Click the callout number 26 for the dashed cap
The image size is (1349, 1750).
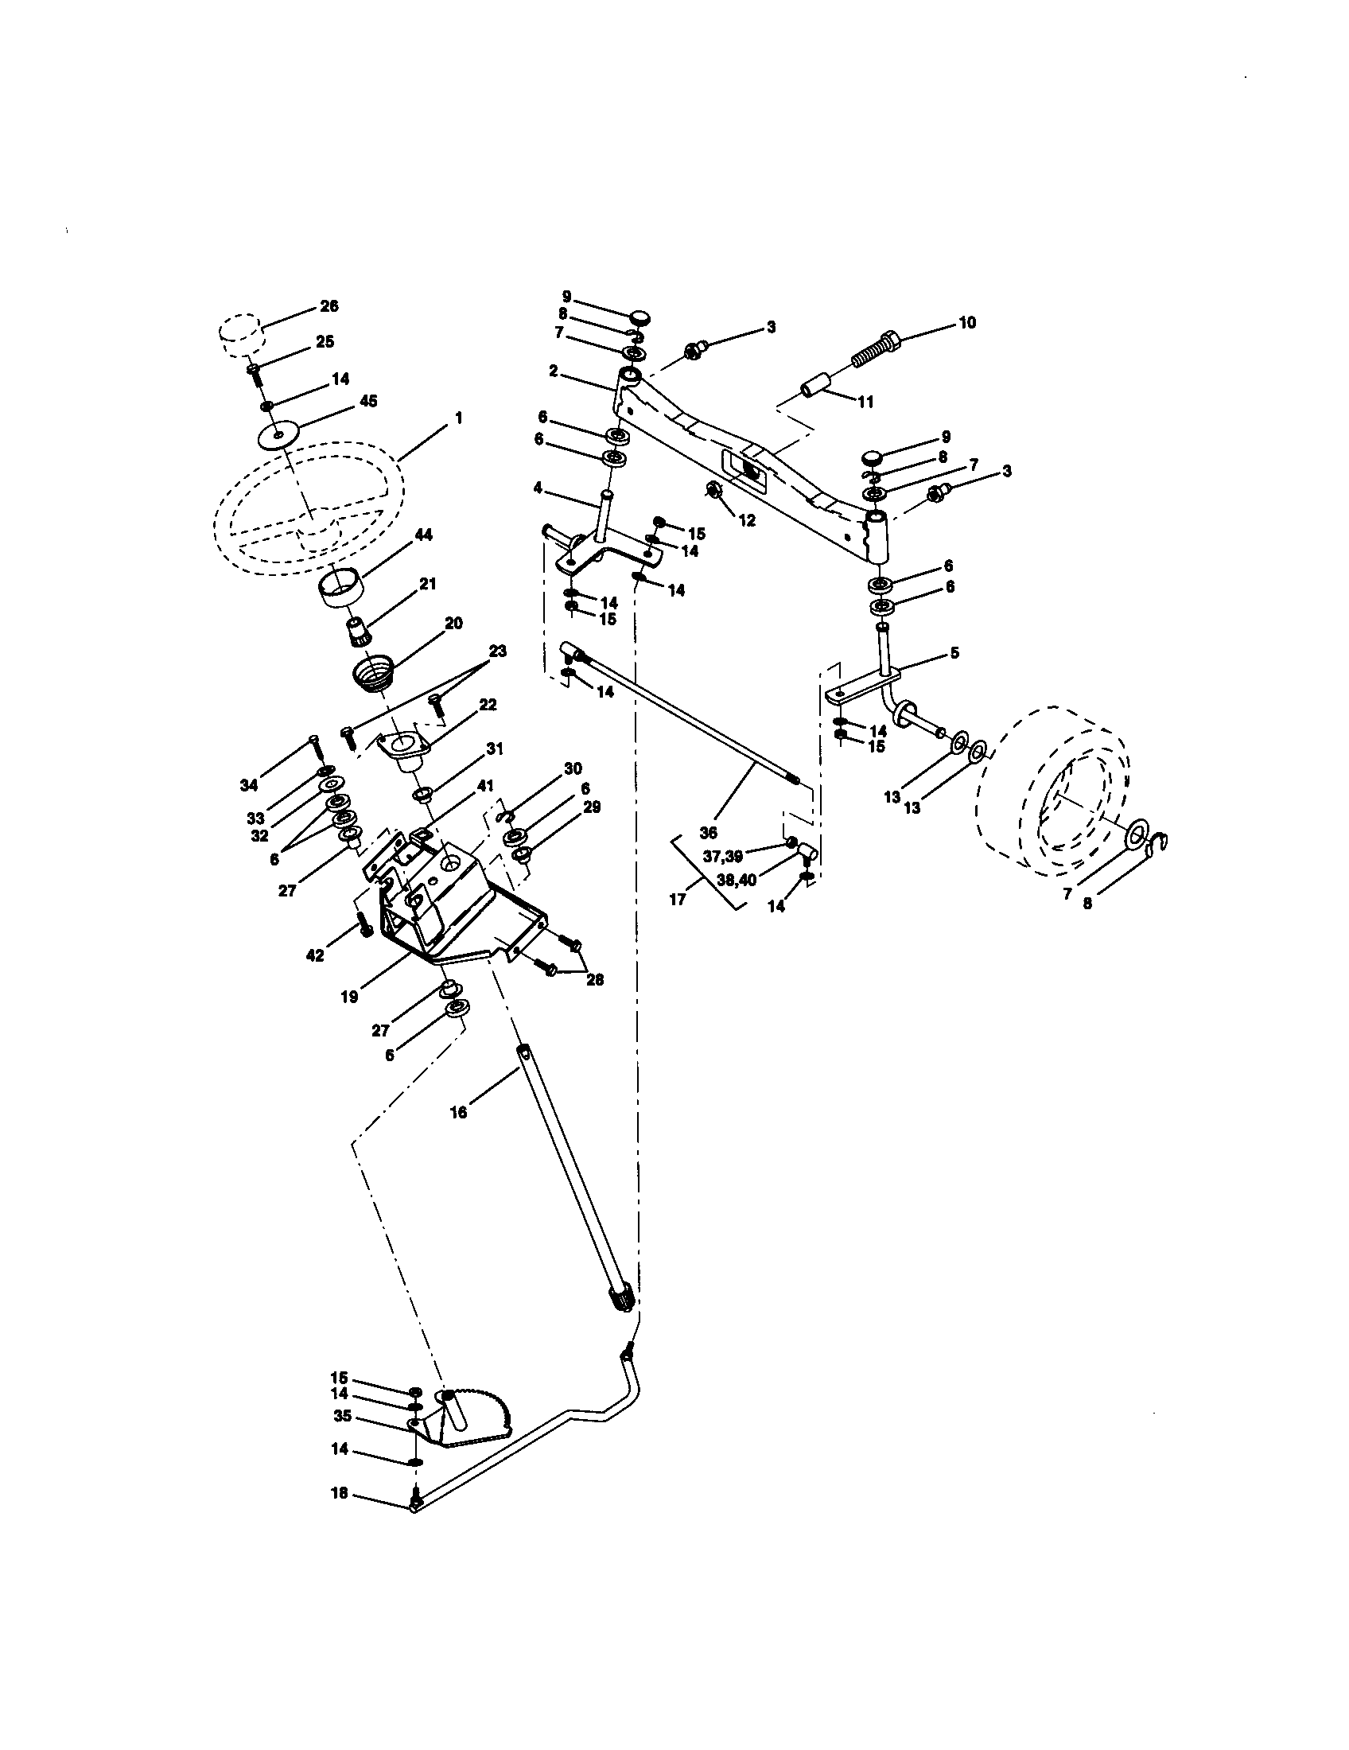329,305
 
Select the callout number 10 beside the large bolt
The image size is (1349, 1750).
967,322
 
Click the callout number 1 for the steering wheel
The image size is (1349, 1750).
458,418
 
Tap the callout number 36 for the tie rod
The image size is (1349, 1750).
707,833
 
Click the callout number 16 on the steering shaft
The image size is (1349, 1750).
458,1112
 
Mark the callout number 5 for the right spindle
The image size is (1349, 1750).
954,652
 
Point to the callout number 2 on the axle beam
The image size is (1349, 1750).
553,371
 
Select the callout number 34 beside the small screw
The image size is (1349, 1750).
249,785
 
